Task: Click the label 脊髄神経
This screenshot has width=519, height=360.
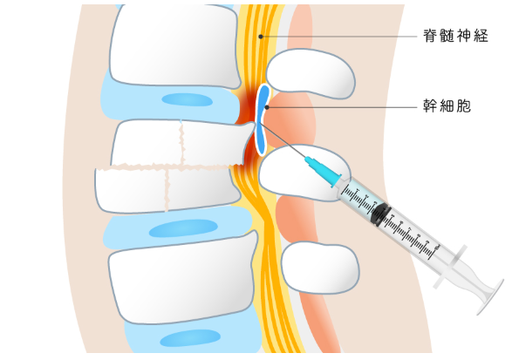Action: point(455,36)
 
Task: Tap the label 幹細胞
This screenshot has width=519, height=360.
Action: point(447,105)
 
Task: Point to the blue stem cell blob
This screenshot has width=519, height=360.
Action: point(263,119)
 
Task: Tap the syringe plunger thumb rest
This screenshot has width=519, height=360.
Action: point(490,297)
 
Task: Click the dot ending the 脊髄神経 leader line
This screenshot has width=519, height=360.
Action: point(261,37)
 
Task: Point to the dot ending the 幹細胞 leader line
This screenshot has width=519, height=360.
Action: point(267,107)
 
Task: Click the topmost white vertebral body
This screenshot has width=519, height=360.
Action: point(174,46)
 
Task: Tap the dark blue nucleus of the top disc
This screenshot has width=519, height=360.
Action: point(187,99)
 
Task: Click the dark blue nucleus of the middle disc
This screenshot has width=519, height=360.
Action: point(183,228)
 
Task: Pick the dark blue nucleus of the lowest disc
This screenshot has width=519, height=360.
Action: point(190,338)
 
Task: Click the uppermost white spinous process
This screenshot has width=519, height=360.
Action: point(311,73)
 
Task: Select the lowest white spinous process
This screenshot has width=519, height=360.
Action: point(320,268)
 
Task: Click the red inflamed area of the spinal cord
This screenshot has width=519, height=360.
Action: point(249,109)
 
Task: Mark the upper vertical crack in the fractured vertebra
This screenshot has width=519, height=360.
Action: point(181,142)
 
